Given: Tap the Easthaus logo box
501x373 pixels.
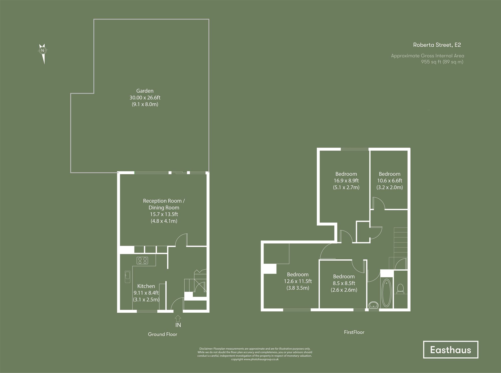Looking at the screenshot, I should pos(450,350).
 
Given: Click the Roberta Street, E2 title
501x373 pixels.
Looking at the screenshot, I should pos(437,45).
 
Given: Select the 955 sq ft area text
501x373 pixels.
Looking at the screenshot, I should pos(442,62).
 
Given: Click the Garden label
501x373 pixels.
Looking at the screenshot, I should pos(145,91).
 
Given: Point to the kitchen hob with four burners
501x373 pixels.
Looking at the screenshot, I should pos(142,261).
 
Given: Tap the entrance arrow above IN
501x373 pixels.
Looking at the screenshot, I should pos(178,318).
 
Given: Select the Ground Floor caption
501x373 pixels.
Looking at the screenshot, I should pos(162,334).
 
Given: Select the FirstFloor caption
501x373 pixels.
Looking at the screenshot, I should pos(354,332).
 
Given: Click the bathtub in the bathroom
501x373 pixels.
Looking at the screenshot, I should pos(387,293).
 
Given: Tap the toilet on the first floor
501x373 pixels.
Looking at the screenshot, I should pos(400,289).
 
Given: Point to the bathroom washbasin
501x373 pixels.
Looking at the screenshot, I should pos(374,305).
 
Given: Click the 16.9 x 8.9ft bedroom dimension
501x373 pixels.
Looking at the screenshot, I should pos(346,181).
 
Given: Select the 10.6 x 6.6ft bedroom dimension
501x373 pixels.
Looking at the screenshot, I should pos(390,181).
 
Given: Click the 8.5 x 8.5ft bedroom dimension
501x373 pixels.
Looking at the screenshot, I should pos(344,283).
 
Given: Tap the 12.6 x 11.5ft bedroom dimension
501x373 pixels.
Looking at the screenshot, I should pos(298,281).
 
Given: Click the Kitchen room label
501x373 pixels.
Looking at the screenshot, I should pos(146,286).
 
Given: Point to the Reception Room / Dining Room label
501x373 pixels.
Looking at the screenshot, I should pos(164,204).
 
